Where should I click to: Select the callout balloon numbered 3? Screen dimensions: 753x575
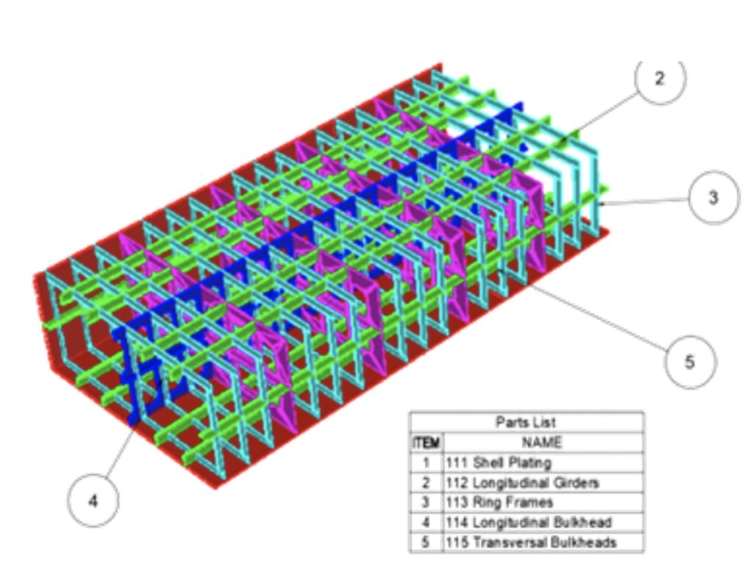click(x=713, y=197)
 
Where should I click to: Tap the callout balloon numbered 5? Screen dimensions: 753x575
click(x=690, y=361)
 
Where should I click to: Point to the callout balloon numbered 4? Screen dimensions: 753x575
click(x=93, y=501)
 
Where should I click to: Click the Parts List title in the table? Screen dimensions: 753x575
click(x=526, y=422)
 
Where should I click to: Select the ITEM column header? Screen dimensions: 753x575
click(x=426, y=443)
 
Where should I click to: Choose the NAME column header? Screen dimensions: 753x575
click(x=542, y=442)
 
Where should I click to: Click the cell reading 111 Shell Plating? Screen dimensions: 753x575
click(x=499, y=463)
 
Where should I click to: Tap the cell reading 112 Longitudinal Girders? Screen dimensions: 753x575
click(x=522, y=482)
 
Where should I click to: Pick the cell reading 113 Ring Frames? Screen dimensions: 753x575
click(x=499, y=502)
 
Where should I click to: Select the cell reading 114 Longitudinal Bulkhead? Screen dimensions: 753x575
click(x=528, y=522)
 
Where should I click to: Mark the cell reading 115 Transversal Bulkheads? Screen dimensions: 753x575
click(x=531, y=543)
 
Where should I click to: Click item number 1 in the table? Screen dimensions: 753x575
click(x=426, y=463)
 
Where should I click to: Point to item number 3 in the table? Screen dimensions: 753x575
click(x=426, y=502)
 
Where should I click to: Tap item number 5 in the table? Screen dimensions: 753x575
click(x=426, y=543)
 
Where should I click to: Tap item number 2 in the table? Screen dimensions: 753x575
click(x=426, y=482)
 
